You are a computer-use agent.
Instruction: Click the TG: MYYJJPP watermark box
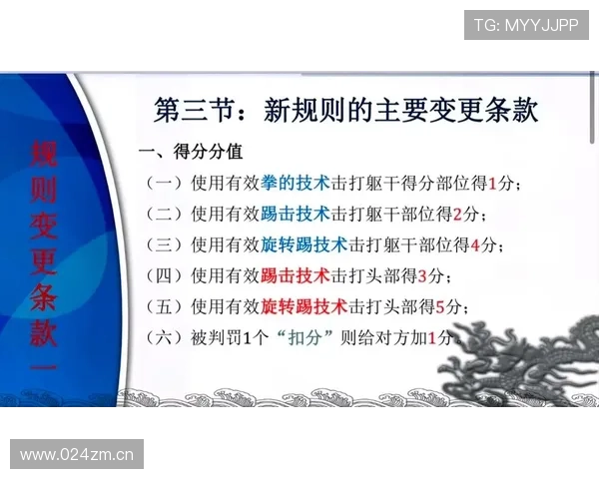tap(526, 24)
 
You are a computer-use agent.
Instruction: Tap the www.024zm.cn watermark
tap(77, 455)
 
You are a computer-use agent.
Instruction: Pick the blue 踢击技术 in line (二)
tap(296, 214)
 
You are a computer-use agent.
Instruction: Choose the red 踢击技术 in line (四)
tap(296, 275)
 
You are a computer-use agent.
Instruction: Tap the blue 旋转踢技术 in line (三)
tap(303, 244)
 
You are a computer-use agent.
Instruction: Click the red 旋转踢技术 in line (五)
tap(303, 306)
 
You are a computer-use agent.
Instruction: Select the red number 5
tap(439, 306)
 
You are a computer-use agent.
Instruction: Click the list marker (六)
tap(164, 337)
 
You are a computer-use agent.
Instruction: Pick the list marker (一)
tap(164, 184)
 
